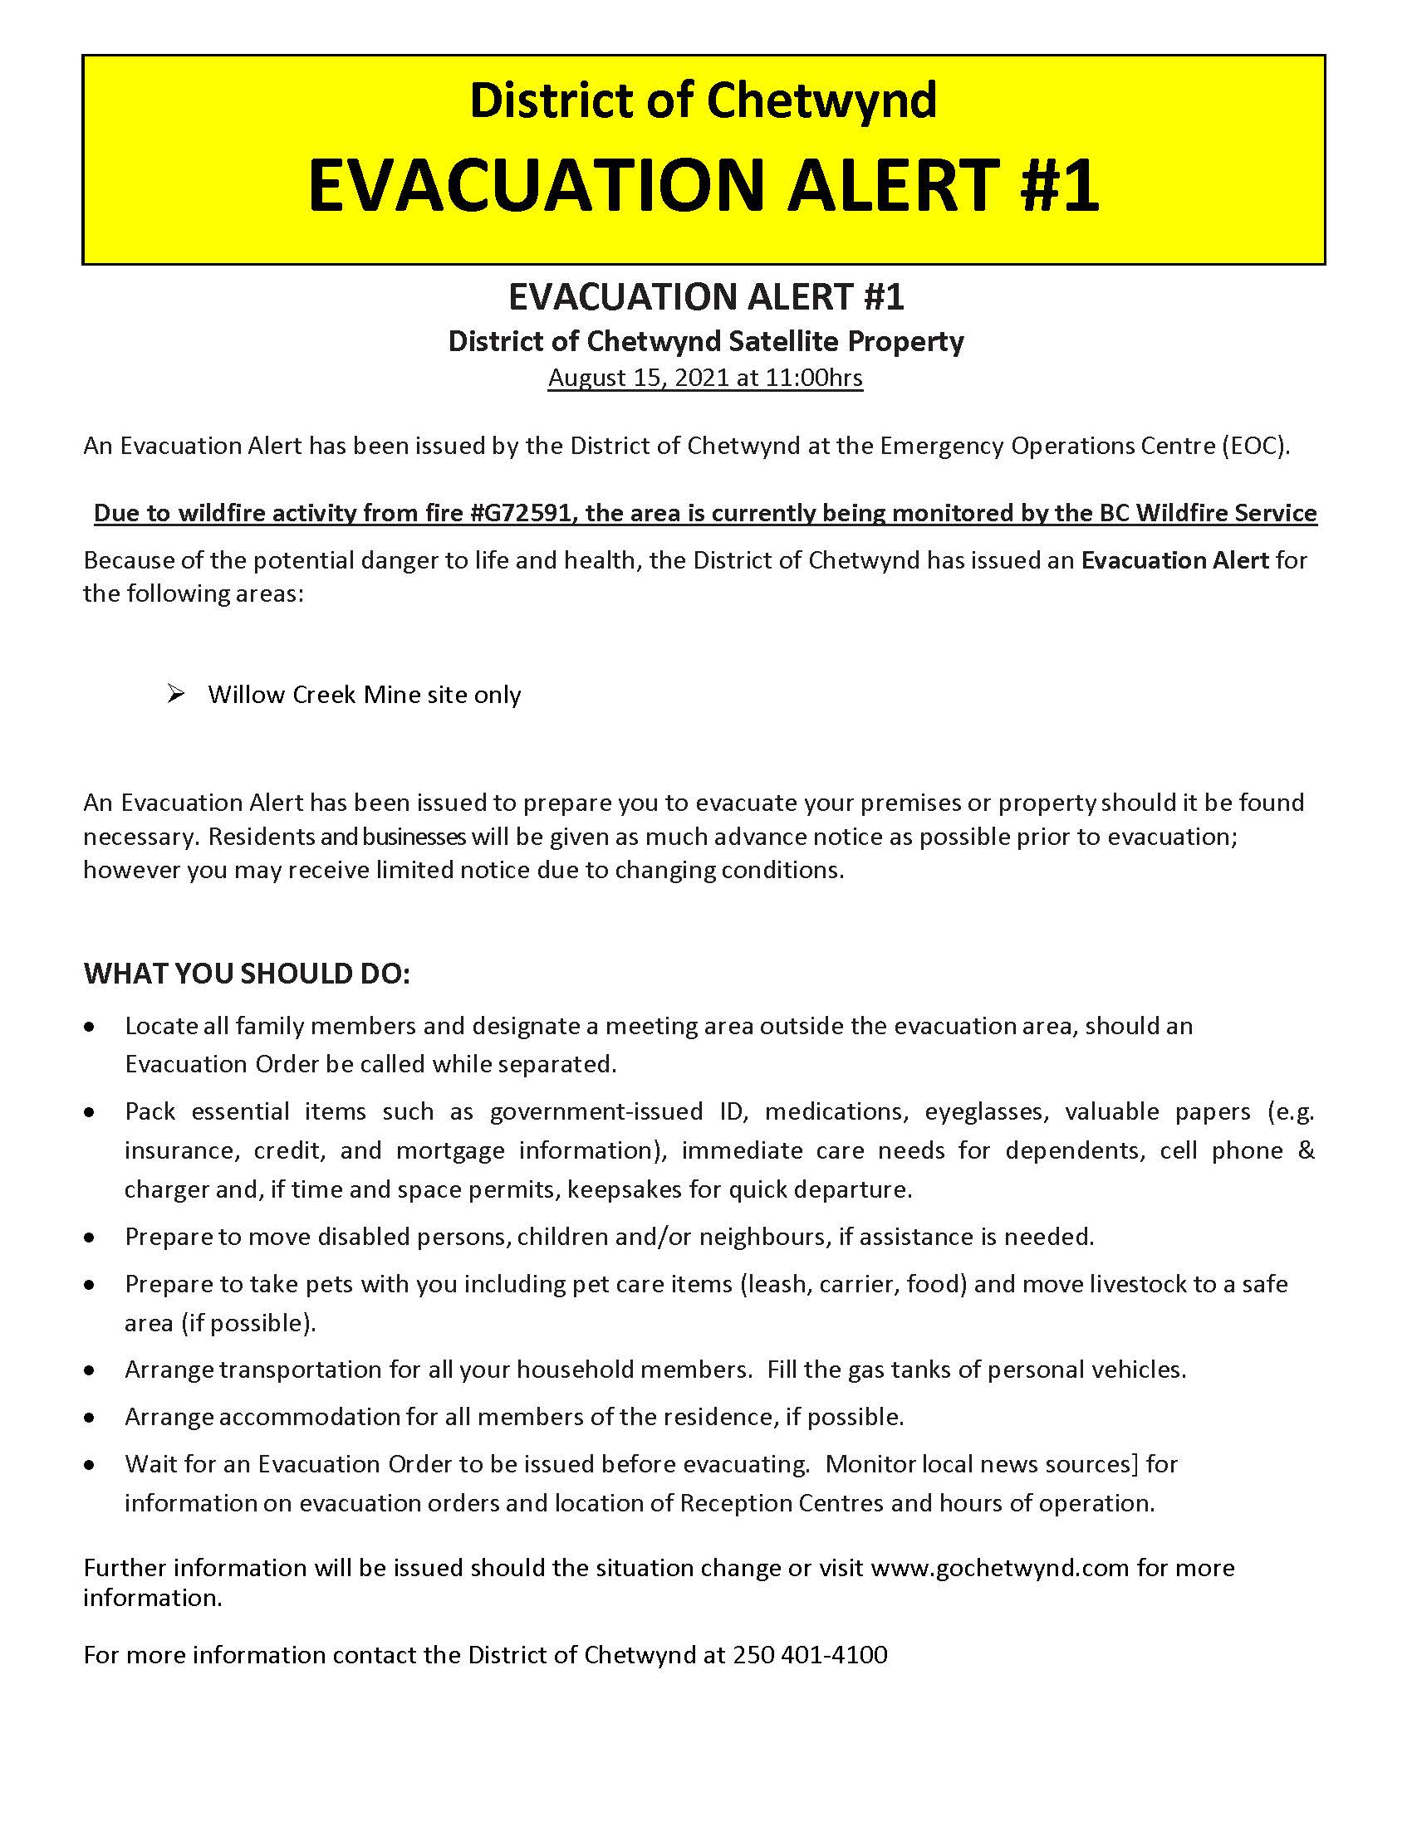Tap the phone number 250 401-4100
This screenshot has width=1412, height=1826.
point(810,1654)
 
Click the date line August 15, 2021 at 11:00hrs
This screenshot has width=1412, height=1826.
point(705,378)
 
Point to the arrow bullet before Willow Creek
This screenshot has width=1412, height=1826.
point(175,693)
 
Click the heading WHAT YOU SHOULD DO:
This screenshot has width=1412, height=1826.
point(247,974)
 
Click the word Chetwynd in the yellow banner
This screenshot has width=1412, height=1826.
point(821,100)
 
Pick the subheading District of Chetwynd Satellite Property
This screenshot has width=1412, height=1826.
point(705,341)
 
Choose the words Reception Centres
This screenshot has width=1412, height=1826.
point(782,1502)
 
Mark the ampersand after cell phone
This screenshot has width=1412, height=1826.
point(1306,1150)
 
